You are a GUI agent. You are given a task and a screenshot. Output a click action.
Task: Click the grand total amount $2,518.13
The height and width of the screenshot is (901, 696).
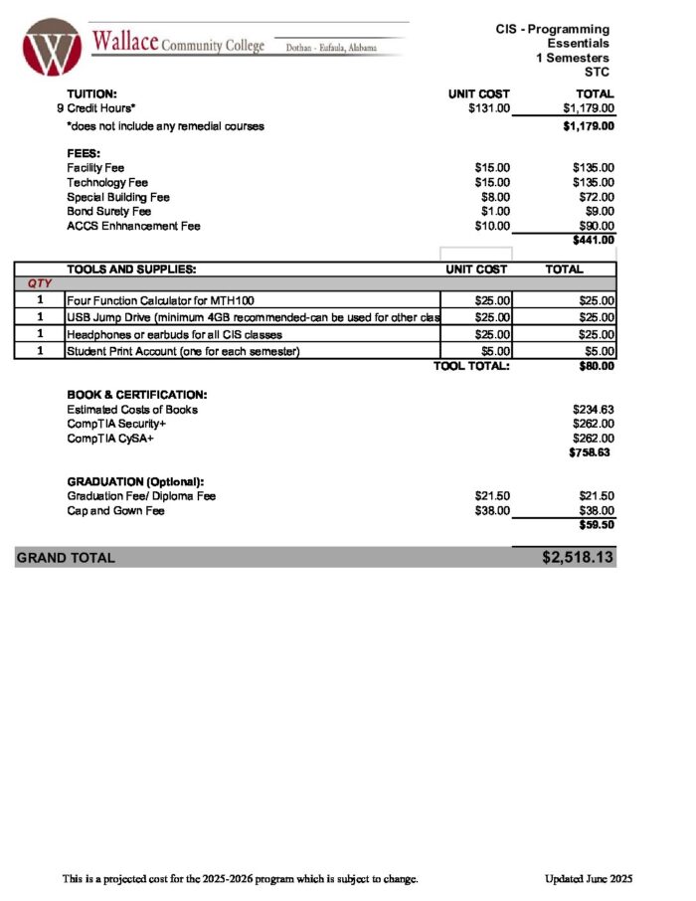click(578, 557)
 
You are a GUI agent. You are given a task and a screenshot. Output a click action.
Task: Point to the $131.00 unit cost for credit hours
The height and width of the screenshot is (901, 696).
click(488, 108)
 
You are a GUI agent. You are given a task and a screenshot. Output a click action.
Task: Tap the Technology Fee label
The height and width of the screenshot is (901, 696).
click(107, 183)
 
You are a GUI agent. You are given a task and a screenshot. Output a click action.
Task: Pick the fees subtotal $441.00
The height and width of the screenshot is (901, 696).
click(593, 240)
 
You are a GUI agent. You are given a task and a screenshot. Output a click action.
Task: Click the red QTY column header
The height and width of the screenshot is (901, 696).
click(40, 284)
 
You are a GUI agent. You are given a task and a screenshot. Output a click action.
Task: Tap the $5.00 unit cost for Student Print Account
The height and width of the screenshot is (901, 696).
click(494, 351)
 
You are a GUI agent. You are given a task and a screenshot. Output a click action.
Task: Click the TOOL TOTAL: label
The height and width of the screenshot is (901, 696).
click(470, 366)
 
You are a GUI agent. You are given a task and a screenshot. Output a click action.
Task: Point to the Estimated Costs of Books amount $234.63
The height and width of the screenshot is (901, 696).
click(593, 410)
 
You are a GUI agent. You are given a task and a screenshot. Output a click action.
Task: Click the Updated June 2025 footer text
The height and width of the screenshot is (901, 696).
click(588, 879)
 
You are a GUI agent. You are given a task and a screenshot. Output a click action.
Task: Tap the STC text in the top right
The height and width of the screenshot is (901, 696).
click(597, 73)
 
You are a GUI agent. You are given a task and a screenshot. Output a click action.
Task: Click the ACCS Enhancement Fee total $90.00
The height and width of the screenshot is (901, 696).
click(595, 226)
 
